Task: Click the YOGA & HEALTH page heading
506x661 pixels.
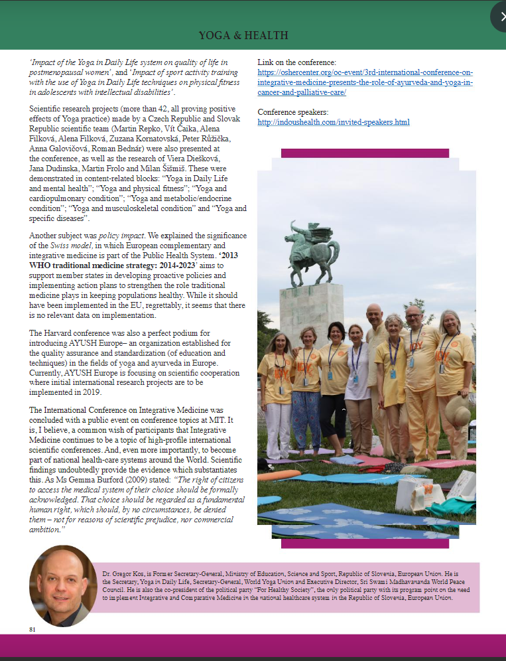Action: coord(243,35)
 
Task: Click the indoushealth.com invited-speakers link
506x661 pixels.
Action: coord(333,122)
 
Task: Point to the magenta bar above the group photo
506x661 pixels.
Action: coord(365,153)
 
